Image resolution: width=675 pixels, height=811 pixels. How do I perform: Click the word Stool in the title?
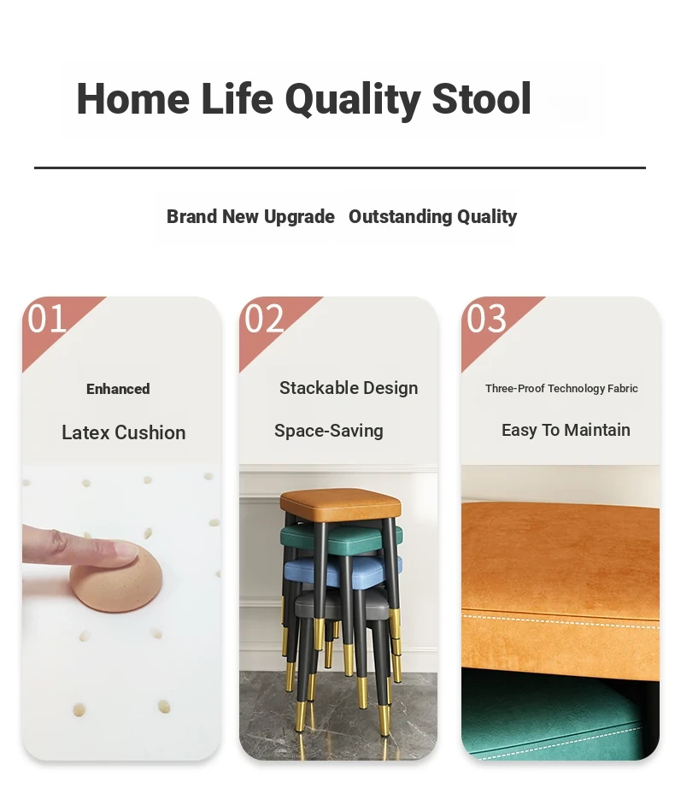(481, 98)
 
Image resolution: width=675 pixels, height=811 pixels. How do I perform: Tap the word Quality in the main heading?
(353, 101)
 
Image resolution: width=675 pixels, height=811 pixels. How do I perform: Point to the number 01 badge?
(47, 319)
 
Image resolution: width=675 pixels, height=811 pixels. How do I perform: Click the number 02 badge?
(264, 319)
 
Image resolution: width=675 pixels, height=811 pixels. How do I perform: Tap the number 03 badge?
(486, 319)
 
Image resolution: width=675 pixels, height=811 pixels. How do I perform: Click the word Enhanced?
(118, 389)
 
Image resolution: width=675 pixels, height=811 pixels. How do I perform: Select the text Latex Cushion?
(124, 432)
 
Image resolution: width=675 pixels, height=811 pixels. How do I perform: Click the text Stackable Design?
(349, 388)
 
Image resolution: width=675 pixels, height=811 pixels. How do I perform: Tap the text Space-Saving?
(328, 431)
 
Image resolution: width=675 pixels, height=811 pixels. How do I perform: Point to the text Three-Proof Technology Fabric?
(561, 389)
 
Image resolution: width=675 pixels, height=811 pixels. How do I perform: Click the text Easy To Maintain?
(566, 430)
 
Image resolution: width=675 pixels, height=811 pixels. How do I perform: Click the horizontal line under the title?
(340, 167)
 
